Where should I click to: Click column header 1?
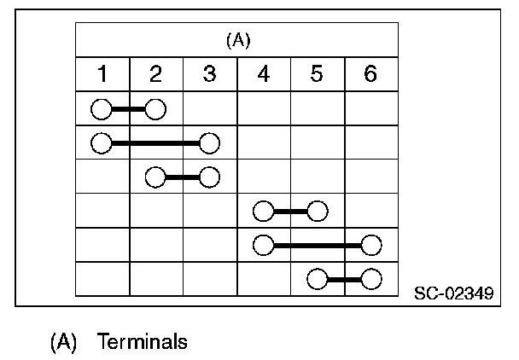pos(102,74)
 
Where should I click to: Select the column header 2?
pos(155,74)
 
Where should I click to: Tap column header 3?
pos(209,74)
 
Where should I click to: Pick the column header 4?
pos(263,74)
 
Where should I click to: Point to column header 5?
pos(317,74)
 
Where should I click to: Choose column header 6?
pos(370,74)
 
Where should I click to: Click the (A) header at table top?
pos(236,39)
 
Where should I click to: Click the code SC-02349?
pos(452,294)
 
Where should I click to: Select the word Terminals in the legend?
pos(142,342)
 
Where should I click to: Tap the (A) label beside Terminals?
pos(64,342)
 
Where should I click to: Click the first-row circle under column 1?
pos(102,108)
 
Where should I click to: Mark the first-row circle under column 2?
pos(155,108)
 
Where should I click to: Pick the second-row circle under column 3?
pos(209,142)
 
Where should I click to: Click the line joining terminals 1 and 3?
pos(155,142)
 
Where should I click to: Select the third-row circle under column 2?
pos(155,177)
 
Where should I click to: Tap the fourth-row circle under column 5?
pos(317,211)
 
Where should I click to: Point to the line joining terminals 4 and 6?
pos(317,245)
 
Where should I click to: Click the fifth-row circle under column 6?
pos(370,245)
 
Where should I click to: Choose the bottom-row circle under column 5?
pos(317,278)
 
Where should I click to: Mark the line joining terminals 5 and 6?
pos(343,278)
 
